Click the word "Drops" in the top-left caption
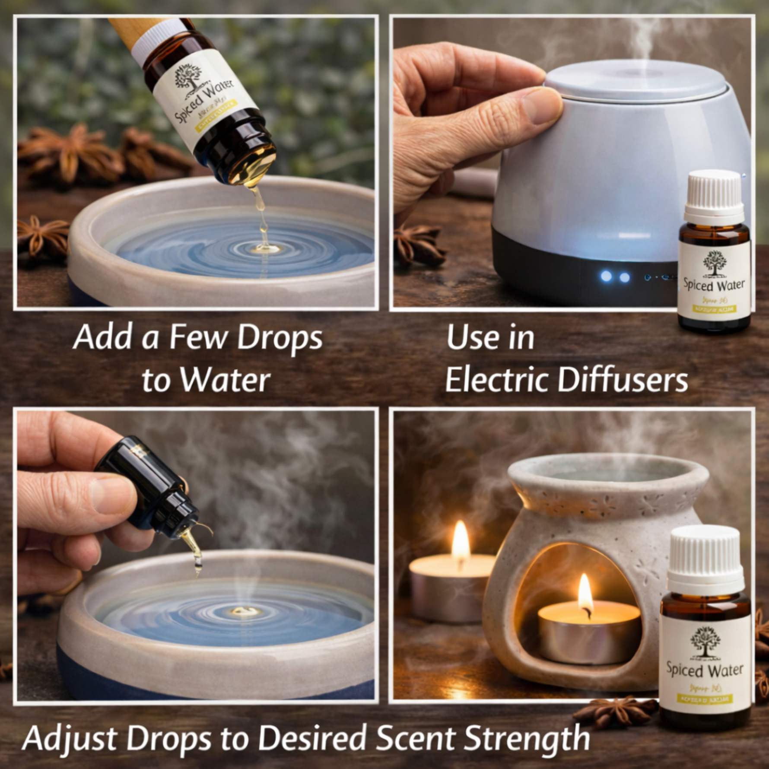click(x=280, y=337)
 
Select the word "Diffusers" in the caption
click(x=623, y=381)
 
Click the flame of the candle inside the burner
click(x=585, y=592)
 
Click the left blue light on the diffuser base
click(x=606, y=276)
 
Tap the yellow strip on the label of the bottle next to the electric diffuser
click(x=714, y=309)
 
